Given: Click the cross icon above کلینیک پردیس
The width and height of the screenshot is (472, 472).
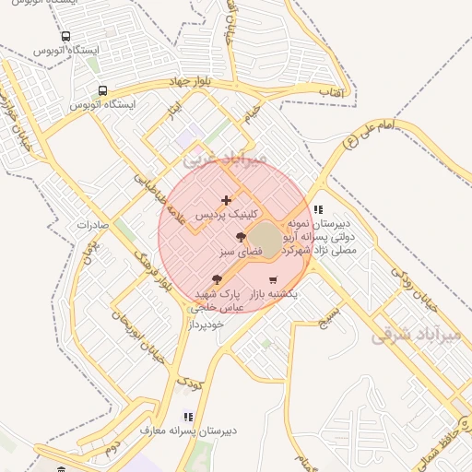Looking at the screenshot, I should click(x=227, y=200).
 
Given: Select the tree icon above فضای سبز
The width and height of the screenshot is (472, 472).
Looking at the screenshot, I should click(x=241, y=238).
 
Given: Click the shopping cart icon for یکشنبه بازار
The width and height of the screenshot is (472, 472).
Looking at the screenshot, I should click(x=273, y=279).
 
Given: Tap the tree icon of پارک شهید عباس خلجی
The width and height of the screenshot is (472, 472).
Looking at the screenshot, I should click(x=217, y=278).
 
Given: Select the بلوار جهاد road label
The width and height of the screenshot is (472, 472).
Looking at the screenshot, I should click(x=190, y=82).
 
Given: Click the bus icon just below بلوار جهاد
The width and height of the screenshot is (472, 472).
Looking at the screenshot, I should click(x=102, y=91).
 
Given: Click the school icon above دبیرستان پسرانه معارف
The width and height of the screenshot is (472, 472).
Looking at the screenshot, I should click(x=188, y=417).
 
